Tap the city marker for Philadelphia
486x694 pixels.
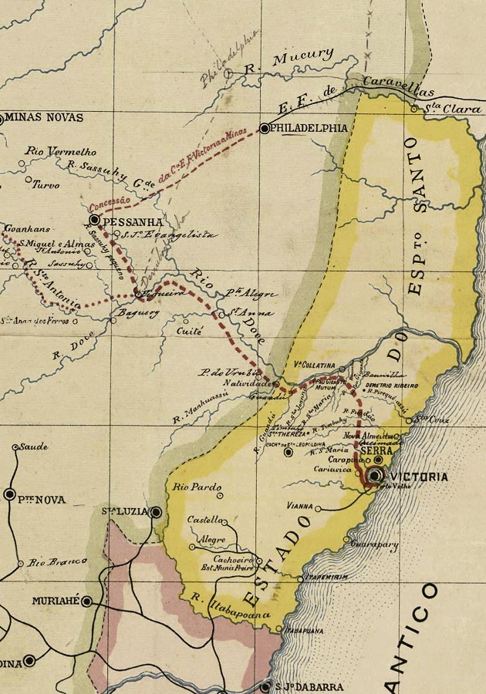tap(265, 129)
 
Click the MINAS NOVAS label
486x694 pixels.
tap(44, 118)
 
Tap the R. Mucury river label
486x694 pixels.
tap(289, 60)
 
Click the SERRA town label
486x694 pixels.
tap(376, 451)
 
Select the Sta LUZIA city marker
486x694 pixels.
tap(156, 512)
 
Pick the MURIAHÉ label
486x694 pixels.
tap(56, 601)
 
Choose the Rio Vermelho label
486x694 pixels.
tap(50, 151)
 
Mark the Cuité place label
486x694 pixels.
tap(190, 331)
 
